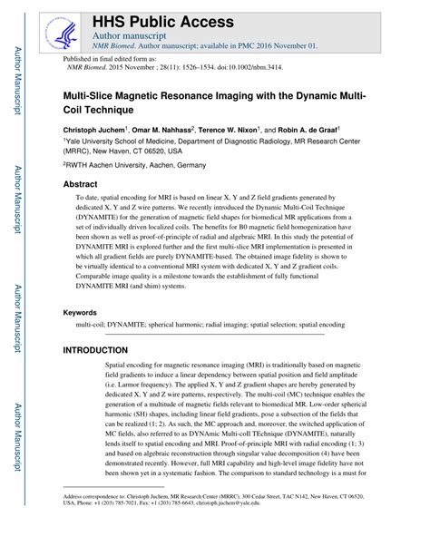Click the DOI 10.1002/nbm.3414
tap(282, 66)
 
